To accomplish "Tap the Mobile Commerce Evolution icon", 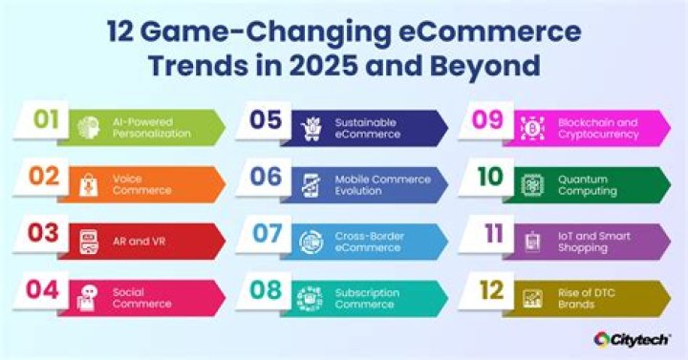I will coord(311,183).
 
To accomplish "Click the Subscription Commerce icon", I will coord(311,297).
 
